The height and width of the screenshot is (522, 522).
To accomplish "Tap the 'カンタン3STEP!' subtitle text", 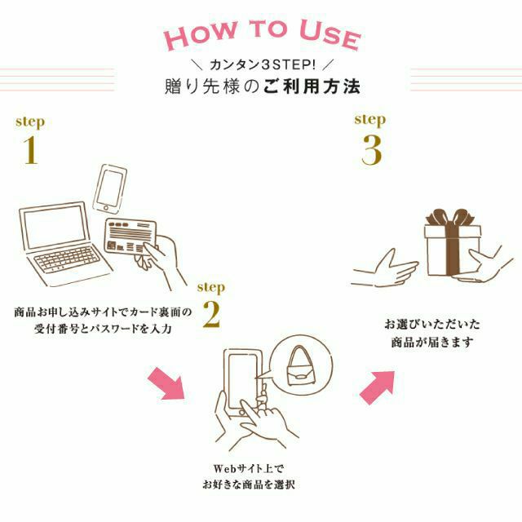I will tap(260, 64).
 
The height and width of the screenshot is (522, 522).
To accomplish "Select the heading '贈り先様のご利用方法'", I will tap(260, 86).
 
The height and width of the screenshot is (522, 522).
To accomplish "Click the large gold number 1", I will tap(30, 151).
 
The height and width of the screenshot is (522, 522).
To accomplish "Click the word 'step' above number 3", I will tap(369, 119).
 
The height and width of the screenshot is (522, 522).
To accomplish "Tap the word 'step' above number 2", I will tap(210, 287).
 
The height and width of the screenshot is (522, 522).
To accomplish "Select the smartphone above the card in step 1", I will tap(111, 188).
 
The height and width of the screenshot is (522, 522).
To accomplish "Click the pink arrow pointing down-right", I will tap(166, 383).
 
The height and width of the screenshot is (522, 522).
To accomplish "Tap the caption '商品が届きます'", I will tap(431, 343).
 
